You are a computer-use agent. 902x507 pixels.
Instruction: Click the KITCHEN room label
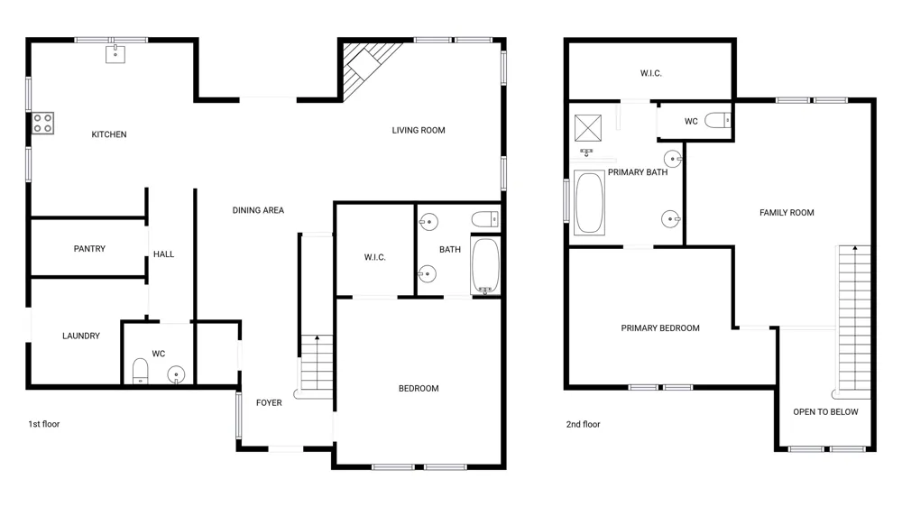pyautogui.click(x=109, y=134)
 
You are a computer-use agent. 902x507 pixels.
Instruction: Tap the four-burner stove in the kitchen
pyautogui.click(x=42, y=123)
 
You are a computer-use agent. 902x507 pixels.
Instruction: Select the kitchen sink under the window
pyautogui.click(x=115, y=54)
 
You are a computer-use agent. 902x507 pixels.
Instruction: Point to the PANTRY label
pyautogui.click(x=89, y=249)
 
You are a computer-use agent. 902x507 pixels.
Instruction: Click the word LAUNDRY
pyautogui.click(x=81, y=336)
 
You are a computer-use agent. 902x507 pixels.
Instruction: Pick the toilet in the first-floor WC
pyautogui.click(x=141, y=371)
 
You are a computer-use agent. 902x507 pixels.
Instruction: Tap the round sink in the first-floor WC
pyautogui.click(x=176, y=375)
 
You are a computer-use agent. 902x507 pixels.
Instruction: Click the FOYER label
pyautogui.click(x=269, y=403)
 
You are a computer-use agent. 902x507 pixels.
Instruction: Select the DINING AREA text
pyautogui.click(x=258, y=210)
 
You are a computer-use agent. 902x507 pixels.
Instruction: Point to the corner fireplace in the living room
pyautogui.click(x=366, y=66)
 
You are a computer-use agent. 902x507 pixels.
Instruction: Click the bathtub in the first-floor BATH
pyautogui.click(x=485, y=266)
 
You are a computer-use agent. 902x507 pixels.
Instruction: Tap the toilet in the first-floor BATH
pyautogui.click(x=485, y=219)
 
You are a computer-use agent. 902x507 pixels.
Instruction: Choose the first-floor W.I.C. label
pyautogui.click(x=374, y=257)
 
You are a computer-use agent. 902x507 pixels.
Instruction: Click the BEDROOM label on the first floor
pyautogui.click(x=419, y=389)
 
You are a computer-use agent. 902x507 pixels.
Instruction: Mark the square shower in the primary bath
pyautogui.click(x=588, y=128)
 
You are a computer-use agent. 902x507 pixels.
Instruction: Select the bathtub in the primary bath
pyautogui.click(x=590, y=203)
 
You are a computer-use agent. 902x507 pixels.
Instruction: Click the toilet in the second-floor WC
pyautogui.click(x=718, y=120)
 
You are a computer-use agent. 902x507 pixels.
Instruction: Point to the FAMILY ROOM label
pyautogui.click(x=787, y=212)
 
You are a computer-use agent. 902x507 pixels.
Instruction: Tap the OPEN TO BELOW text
pyautogui.click(x=825, y=412)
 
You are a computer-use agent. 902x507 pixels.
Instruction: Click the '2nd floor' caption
pyautogui.click(x=583, y=424)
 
